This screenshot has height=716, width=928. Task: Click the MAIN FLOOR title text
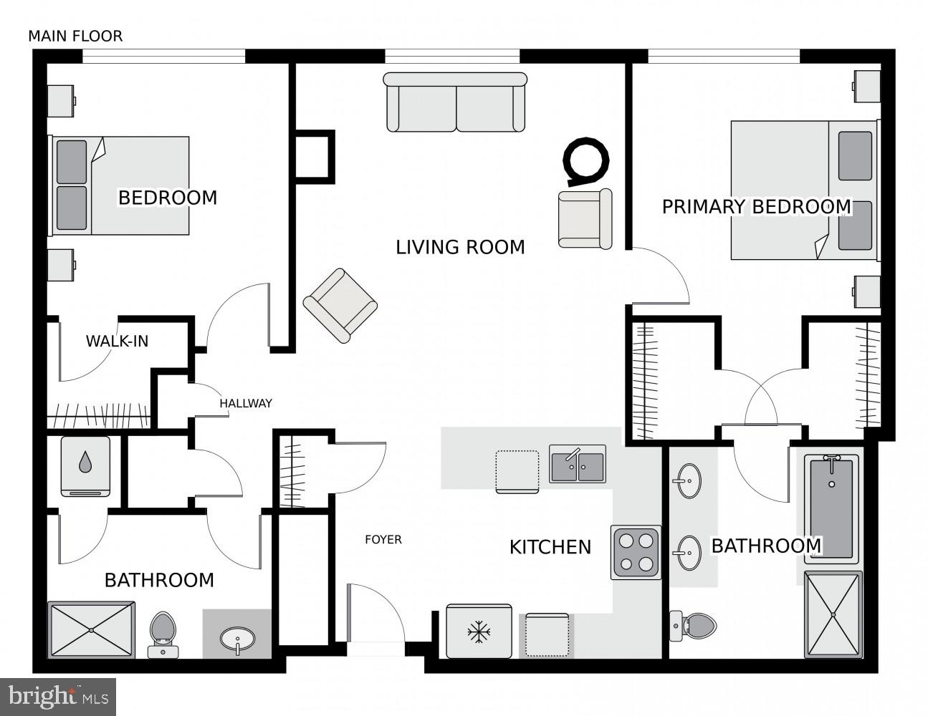tap(75, 36)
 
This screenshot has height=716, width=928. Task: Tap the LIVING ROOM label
tap(460, 247)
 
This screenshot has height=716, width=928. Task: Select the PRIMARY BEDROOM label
tap(756, 207)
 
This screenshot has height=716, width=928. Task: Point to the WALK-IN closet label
tap(117, 341)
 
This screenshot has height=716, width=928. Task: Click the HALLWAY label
tap(246, 403)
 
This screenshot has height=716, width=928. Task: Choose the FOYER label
tap(383, 539)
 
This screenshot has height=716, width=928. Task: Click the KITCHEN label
tap(550, 547)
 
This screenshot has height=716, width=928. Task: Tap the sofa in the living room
tap(455, 102)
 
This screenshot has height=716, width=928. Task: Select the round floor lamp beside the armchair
tap(586, 158)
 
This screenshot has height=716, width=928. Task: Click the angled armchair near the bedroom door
tap(340, 304)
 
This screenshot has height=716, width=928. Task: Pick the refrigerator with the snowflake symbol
tap(479, 631)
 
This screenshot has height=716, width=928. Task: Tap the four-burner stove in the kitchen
tap(636, 552)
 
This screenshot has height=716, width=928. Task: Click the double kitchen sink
tap(577, 463)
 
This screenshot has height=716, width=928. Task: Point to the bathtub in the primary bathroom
tap(831, 508)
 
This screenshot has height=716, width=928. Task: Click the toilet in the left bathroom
tap(163, 634)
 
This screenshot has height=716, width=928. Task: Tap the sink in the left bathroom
tap(237, 637)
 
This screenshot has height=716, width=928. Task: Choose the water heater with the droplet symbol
tap(85, 465)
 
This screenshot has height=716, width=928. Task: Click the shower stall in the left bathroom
tap(91, 630)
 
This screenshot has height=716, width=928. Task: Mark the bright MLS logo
tap(59, 695)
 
